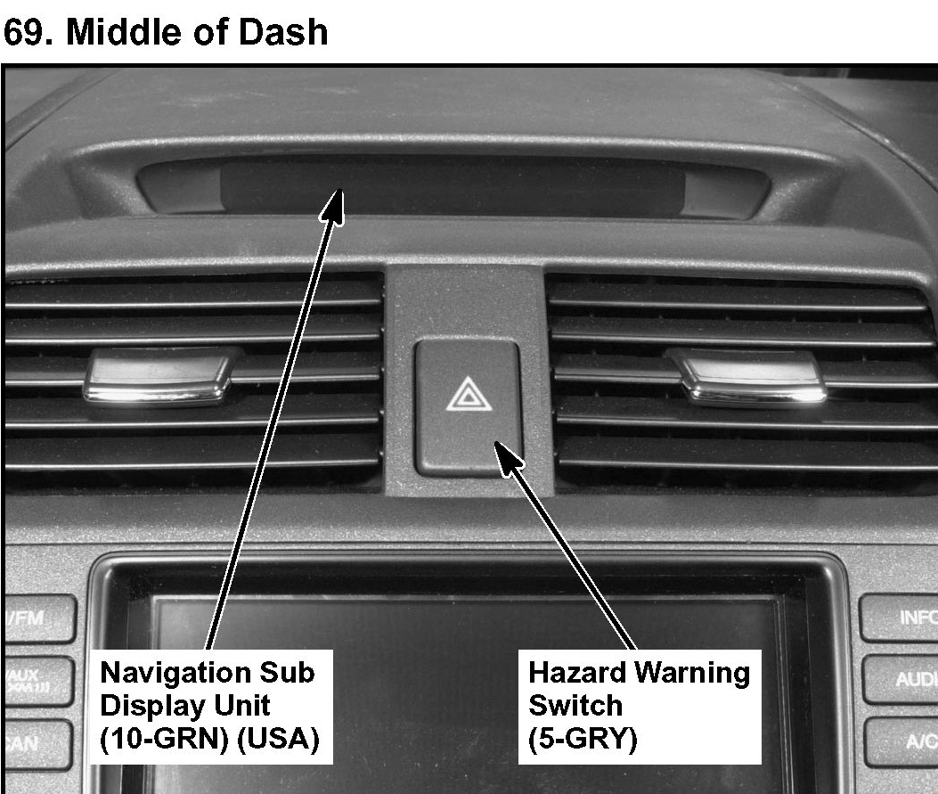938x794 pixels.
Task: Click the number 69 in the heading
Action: pyautogui.click(x=22, y=33)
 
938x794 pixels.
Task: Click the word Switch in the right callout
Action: pyautogui.click(x=575, y=705)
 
